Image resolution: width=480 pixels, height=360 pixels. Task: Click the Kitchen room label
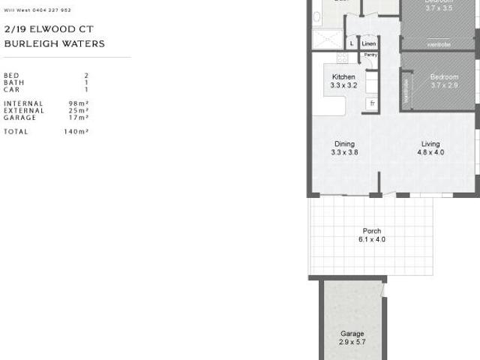point(343,77)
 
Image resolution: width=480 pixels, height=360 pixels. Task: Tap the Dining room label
point(344,144)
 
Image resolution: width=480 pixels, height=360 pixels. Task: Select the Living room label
point(430,144)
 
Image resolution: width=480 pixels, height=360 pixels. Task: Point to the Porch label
point(371,231)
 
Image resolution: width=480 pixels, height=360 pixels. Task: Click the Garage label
point(352,334)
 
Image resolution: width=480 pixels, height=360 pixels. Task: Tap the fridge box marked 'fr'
point(371,103)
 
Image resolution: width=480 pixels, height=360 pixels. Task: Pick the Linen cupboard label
point(368,44)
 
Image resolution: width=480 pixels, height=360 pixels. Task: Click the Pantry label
point(370,55)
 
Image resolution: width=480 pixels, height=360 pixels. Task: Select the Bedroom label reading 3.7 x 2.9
point(444,77)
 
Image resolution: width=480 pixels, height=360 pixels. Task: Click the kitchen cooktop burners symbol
point(342,58)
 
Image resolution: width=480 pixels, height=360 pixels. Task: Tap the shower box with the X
point(326,39)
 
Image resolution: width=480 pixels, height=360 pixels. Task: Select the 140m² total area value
point(76,131)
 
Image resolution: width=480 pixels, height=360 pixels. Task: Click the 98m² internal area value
point(79,103)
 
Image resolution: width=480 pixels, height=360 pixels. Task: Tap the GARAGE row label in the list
point(19,118)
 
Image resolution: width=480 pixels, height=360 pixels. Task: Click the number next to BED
point(86,76)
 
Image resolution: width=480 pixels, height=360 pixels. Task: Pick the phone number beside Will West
point(52,10)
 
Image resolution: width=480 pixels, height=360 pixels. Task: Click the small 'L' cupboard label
point(351,44)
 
